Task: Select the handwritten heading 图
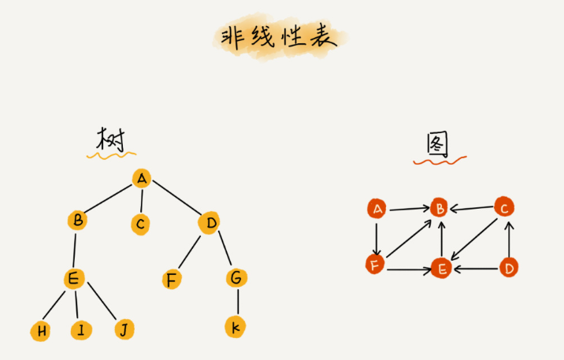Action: [x=438, y=144]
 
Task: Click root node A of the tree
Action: [x=142, y=178]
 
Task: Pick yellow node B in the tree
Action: [x=77, y=221]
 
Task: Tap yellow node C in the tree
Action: [x=140, y=225]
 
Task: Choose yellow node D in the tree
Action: [x=209, y=224]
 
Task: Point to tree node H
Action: [x=40, y=331]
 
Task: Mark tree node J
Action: [x=122, y=329]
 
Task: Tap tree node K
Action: [x=235, y=327]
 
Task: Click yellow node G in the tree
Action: [x=236, y=278]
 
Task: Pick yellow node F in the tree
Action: [x=171, y=279]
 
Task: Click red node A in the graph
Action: [x=377, y=209]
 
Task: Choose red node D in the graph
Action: [x=509, y=268]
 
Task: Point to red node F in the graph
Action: [x=376, y=265]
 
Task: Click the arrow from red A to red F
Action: [x=377, y=236]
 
